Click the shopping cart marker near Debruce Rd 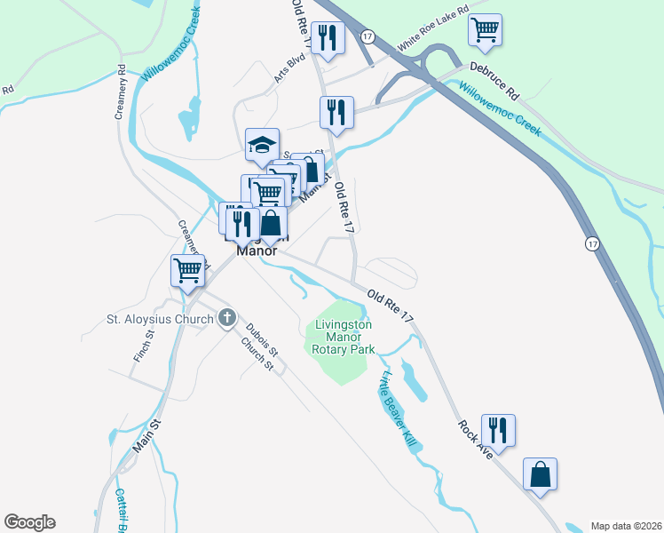(485, 30)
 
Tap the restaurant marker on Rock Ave (498, 431)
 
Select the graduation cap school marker (262, 146)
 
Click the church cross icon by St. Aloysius (226, 317)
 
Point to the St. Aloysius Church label (160, 318)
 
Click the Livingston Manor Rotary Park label (343, 337)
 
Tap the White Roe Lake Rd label (432, 36)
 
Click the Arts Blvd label (289, 68)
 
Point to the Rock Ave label (475, 440)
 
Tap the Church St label (257, 355)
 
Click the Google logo (29, 522)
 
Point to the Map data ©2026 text (625, 526)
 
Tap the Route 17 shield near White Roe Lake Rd (368, 35)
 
